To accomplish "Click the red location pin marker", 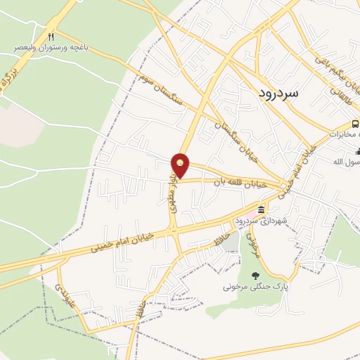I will (x=181, y=166).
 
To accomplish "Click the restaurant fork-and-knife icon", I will (x=51, y=36).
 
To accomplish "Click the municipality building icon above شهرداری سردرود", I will (x=262, y=210).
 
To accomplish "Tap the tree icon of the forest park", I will (x=255, y=275).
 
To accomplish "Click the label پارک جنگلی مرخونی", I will (x=257, y=287).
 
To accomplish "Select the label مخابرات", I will (x=346, y=134).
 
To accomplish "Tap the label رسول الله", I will (x=347, y=162).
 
